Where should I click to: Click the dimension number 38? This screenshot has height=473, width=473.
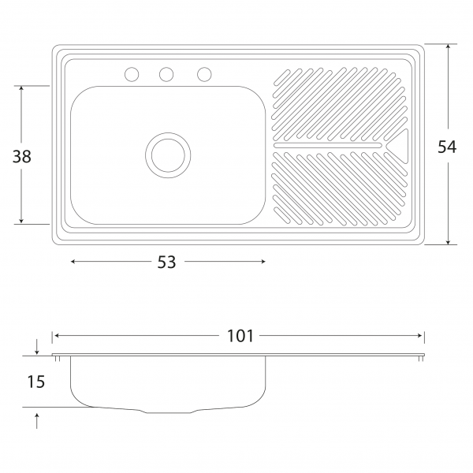pyautogui.click(x=22, y=157)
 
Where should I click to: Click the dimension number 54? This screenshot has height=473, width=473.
pyautogui.click(x=447, y=147)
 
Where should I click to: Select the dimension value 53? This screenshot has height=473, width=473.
pyautogui.click(x=166, y=262)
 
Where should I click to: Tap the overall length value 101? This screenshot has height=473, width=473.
pyautogui.click(x=240, y=336)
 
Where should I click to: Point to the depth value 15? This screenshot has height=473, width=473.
pyautogui.click(x=36, y=382)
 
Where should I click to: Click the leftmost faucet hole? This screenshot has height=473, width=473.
pyautogui.click(x=132, y=74)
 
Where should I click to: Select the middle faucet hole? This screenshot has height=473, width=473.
pyautogui.click(x=166, y=74)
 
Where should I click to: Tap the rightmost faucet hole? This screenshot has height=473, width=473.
pyautogui.click(x=204, y=74)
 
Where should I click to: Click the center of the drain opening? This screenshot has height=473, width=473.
pyautogui.click(x=168, y=155)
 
